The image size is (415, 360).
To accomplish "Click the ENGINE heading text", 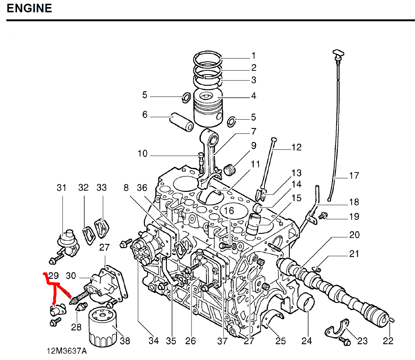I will (29, 8).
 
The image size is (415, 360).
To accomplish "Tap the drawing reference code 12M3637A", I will (67, 351).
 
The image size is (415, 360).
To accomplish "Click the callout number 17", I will (354, 175).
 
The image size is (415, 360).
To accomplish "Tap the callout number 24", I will (306, 340).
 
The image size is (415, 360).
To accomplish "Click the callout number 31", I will (61, 187).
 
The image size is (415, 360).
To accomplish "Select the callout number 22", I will (388, 341).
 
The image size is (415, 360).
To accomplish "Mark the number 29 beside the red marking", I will (54, 276).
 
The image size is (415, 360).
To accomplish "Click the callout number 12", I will (297, 147).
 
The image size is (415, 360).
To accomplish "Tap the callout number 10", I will (143, 154).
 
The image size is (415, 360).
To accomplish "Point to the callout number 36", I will (142, 187).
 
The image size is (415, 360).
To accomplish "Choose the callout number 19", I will (354, 217).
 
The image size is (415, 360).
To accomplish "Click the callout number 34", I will (153, 340).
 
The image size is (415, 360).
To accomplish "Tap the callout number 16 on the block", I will (229, 211).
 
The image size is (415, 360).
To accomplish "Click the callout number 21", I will (354, 254).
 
